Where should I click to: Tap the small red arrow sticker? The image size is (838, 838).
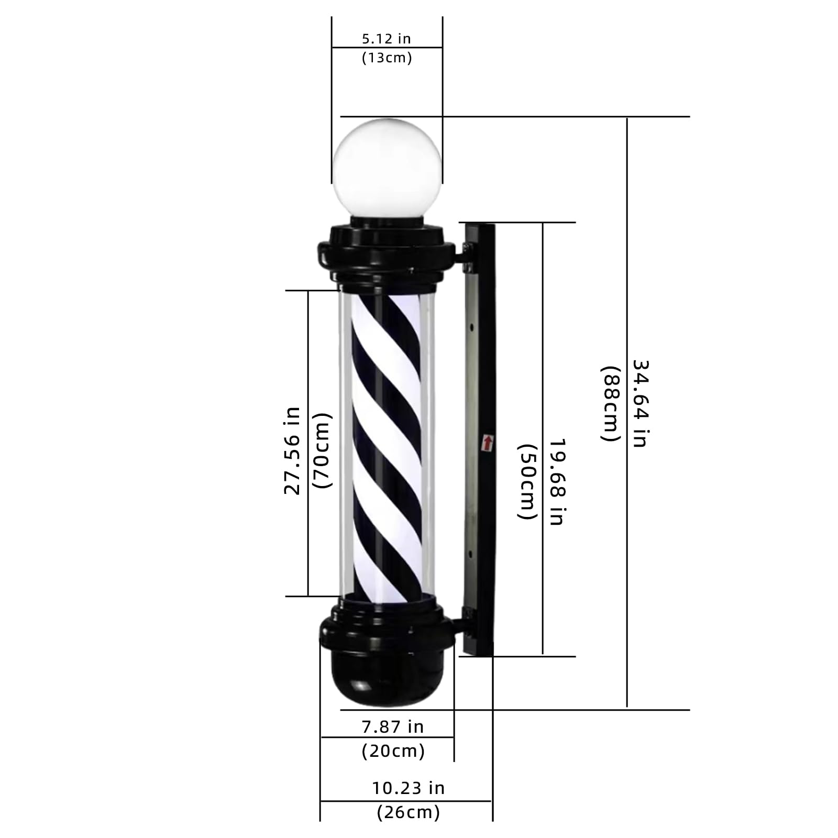coord(488,443)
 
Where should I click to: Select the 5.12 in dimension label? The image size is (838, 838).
coord(387,38)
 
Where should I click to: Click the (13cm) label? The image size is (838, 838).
coord(387,58)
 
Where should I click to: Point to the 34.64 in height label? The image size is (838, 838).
coord(639,403)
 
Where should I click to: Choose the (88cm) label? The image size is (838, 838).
coord(610,403)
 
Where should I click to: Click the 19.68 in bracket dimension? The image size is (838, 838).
coord(556,482)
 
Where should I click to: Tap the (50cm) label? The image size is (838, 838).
coord(527,482)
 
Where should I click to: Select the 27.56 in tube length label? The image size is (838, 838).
coord(292,450)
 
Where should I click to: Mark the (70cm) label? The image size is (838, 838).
coord(322,450)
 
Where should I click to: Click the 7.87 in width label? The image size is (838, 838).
coord(392,726)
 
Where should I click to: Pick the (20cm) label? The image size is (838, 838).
coord(393,751)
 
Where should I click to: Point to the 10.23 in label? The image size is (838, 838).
coord(408,788)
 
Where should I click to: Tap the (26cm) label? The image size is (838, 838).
coord(408,812)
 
